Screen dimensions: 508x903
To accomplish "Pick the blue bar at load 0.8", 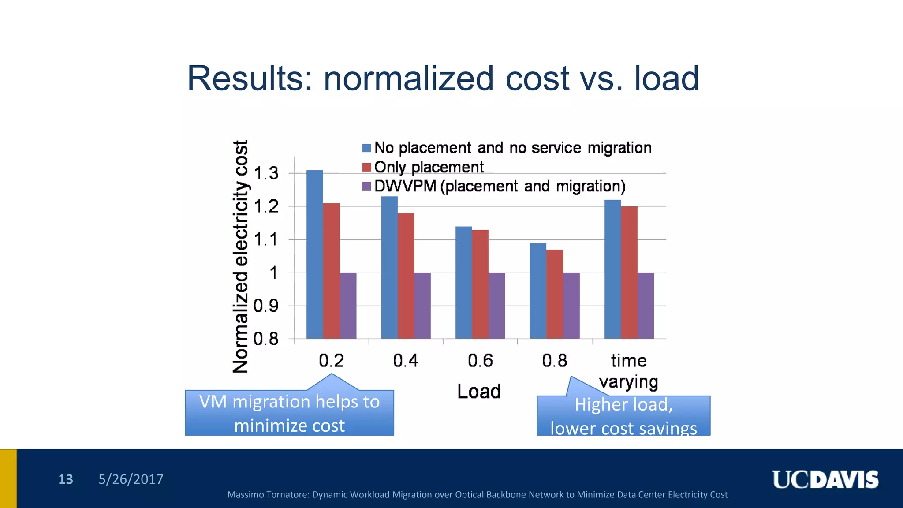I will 538,291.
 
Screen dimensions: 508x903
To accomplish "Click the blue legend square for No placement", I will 366,148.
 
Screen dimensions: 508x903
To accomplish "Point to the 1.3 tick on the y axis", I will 266,173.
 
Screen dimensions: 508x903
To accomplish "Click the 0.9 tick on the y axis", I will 266,306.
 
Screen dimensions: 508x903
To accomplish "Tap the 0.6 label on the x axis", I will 480,361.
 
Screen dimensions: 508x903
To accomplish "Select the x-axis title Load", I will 479,392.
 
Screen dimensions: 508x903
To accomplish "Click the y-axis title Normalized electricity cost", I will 241,257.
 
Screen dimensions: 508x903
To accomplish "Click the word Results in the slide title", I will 250,78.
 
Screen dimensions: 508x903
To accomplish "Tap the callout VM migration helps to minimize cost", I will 289,413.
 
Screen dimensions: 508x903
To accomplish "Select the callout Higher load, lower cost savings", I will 623,416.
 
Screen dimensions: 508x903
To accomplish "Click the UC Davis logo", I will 825,480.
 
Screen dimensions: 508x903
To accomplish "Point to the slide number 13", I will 66,479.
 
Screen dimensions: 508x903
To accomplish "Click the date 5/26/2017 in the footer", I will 131,479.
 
